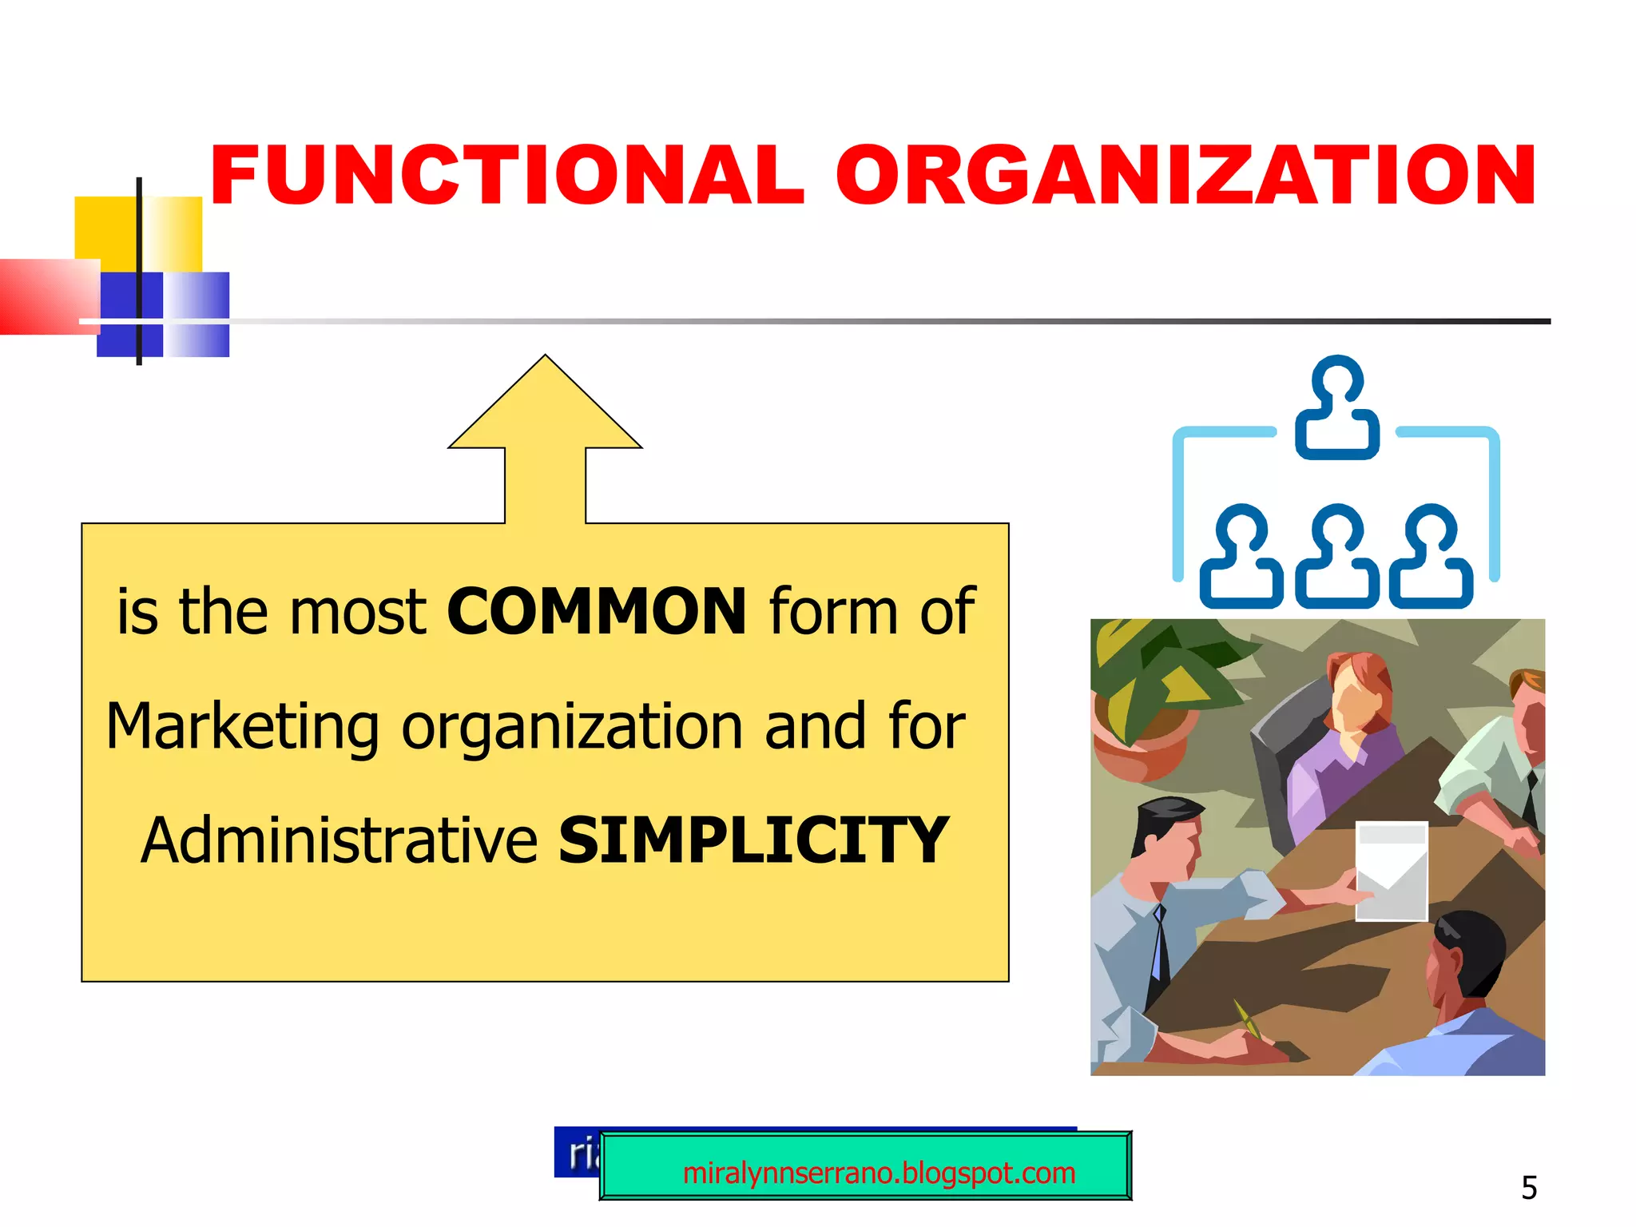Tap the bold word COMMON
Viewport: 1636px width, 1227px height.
[x=597, y=612]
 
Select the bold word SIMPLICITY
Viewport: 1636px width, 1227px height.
[x=753, y=840]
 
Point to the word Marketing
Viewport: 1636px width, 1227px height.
[x=242, y=727]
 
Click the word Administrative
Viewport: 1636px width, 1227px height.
[x=340, y=840]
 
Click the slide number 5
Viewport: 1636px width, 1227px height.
[x=1529, y=1188]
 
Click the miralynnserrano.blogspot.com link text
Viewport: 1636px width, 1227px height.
[x=879, y=1173]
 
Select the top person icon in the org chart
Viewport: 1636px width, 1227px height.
[x=1337, y=407]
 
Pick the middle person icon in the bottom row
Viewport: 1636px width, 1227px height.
[x=1337, y=556]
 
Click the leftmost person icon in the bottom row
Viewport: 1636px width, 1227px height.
[x=1241, y=556]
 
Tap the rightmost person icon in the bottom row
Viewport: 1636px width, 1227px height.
[x=1431, y=556]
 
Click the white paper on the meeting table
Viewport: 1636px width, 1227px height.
[x=1392, y=871]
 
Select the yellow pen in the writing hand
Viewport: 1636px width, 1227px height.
[x=1247, y=1019]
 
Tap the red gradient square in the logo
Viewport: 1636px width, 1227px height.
[x=48, y=296]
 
